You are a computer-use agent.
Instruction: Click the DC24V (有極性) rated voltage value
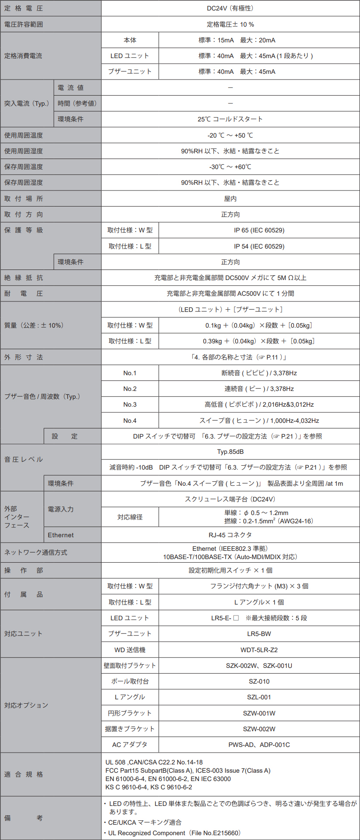[230, 8]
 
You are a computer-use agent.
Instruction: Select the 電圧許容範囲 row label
[24, 24]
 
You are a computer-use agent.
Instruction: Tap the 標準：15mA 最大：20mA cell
[237, 40]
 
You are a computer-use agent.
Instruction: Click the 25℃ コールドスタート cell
[230, 119]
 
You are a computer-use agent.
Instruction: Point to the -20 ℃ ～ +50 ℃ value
[230, 135]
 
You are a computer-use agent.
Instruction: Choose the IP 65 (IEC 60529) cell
[259, 230]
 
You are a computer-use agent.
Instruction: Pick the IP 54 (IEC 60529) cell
[259, 246]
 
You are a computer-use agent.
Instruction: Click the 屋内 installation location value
[230, 199]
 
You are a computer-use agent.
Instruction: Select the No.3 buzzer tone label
[130, 404]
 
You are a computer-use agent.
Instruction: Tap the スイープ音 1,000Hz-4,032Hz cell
[259, 421]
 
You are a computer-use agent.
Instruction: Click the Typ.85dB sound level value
[230, 452]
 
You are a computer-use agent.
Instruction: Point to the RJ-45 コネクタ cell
[230, 535]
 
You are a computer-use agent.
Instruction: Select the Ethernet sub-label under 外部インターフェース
[61, 535]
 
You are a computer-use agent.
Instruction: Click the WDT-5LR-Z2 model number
[259, 650]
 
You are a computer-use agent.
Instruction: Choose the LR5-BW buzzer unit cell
[259, 634]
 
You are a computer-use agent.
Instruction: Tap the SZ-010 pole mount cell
[259, 681]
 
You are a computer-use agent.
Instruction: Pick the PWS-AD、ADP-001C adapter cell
[259, 745]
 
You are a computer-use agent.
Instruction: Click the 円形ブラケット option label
[130, 713]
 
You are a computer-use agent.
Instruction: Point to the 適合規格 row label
[24, 774]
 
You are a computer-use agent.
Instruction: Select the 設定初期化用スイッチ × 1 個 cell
[230, 570]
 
